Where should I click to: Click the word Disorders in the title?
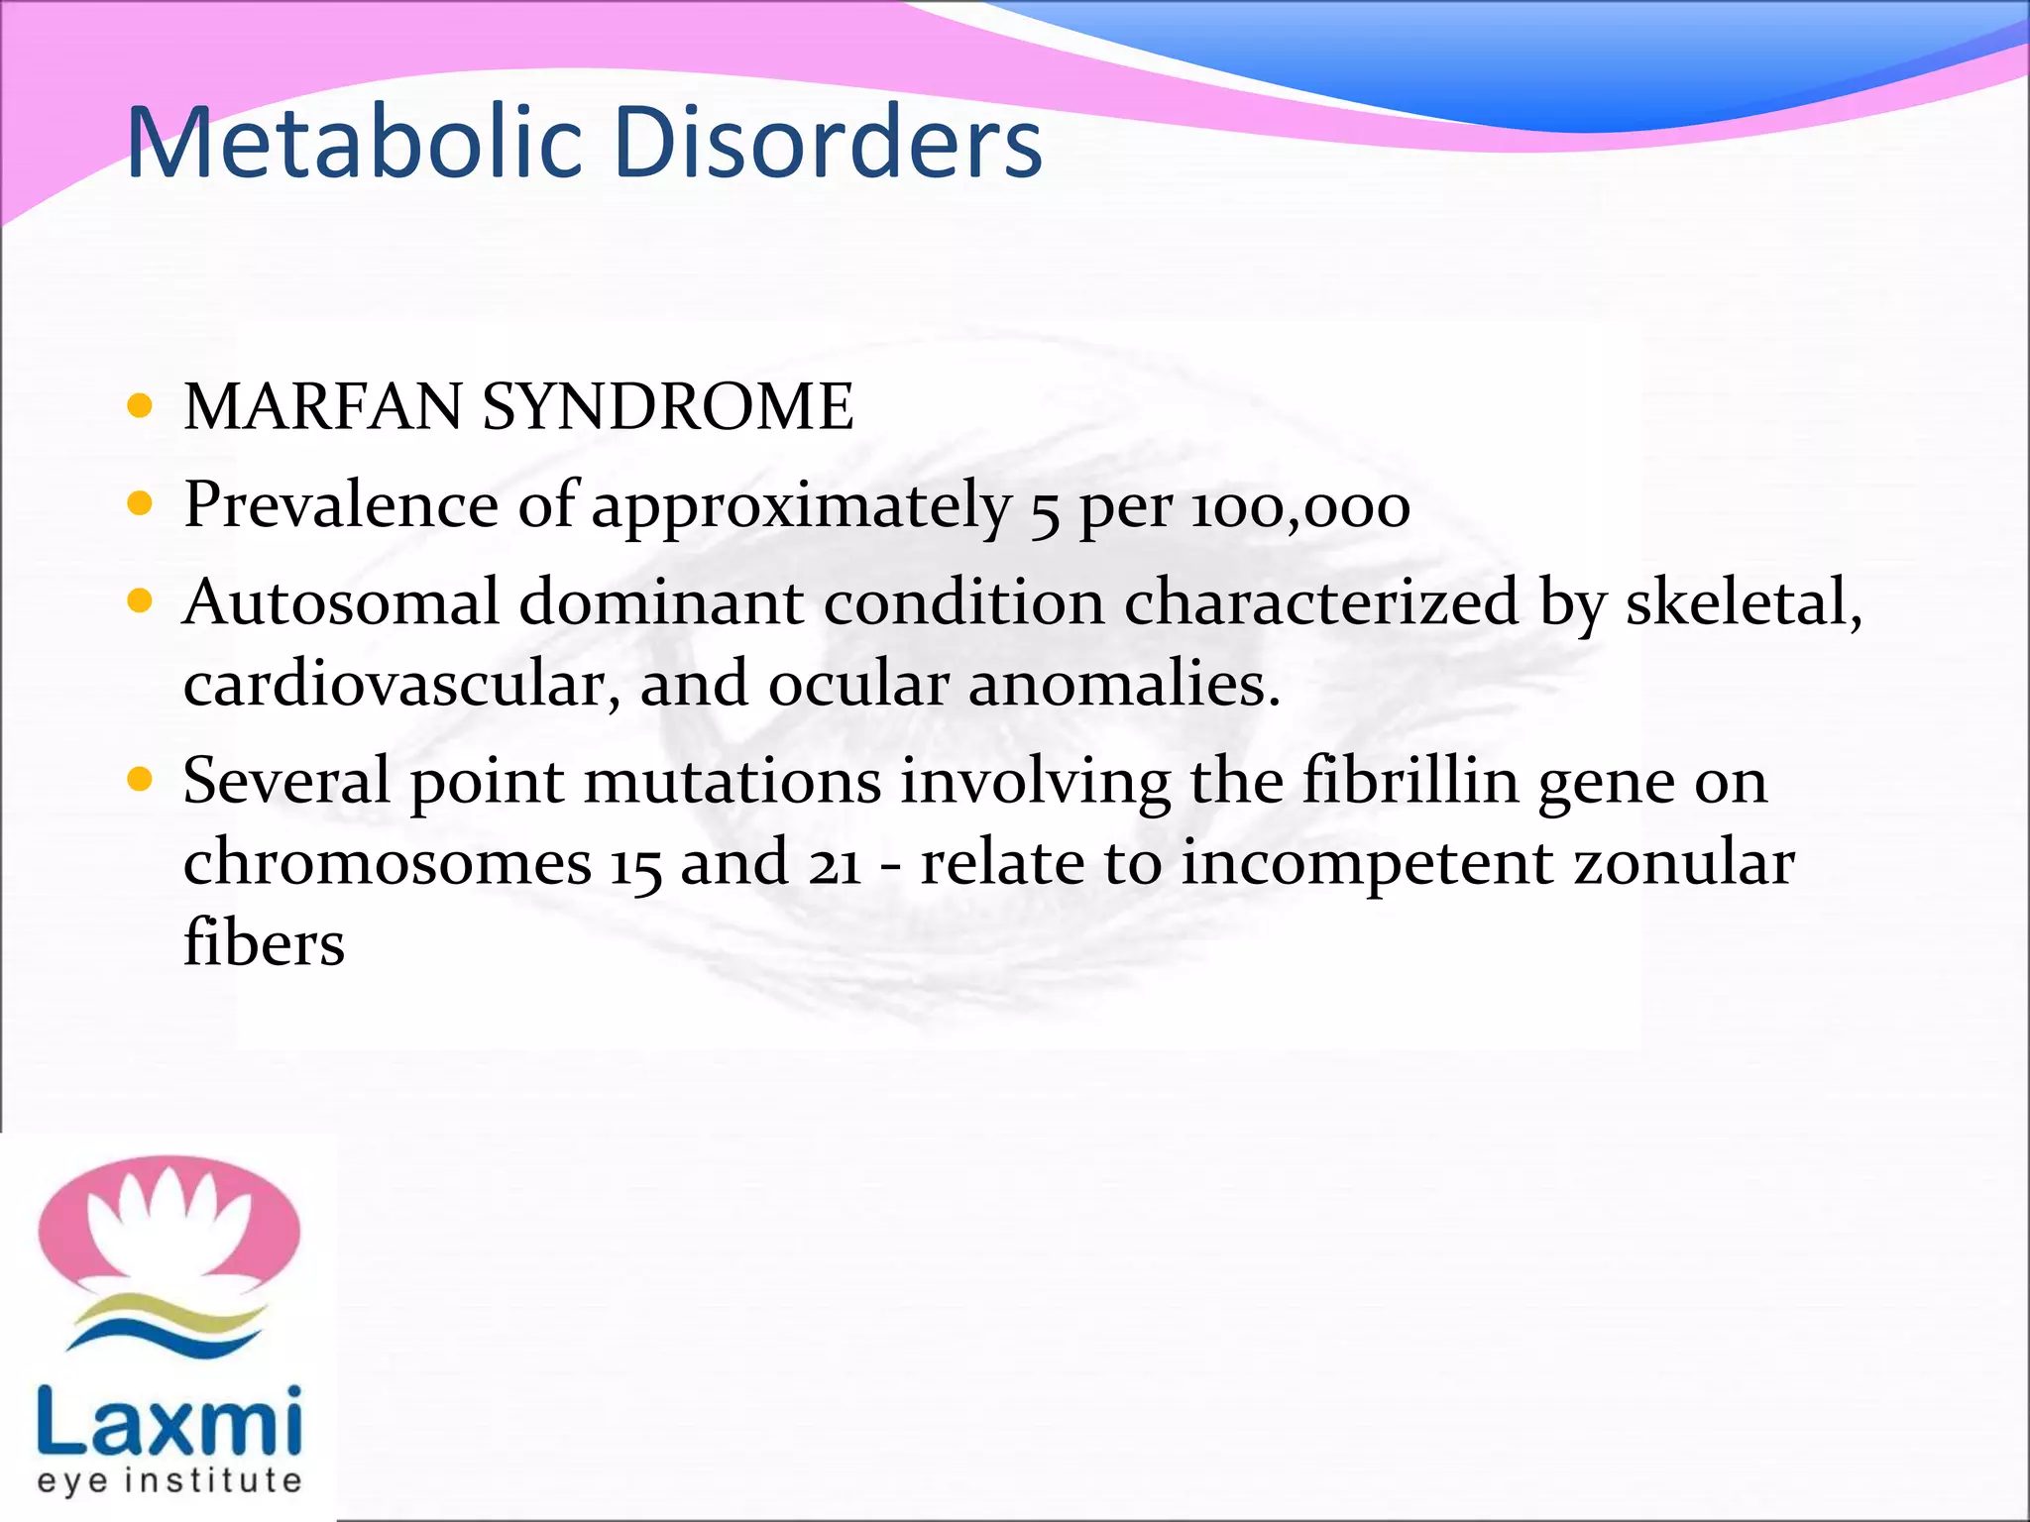point(828,144)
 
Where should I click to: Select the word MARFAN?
point(322,407)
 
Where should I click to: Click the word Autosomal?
point(341,602)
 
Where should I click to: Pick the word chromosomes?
point(388,862)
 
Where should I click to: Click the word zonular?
point(1684,862)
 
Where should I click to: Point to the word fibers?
point(264,942)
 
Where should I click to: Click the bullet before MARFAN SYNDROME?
point(141,405)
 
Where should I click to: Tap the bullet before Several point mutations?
point(141,780)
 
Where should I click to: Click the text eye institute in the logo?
point(169,1480)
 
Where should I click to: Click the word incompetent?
point(1367,862)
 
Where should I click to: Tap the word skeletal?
point(1744,602)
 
